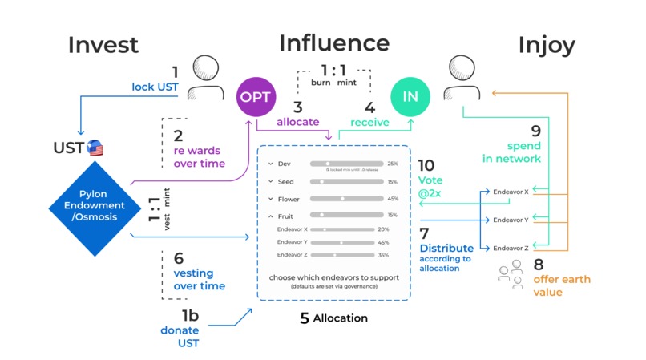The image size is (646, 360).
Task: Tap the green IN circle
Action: point(410,97)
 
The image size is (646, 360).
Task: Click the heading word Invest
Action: point(103,46)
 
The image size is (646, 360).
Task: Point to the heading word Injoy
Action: point(546,46)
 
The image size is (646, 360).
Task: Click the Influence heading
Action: point(333,42)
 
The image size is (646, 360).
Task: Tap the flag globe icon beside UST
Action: point(95,148)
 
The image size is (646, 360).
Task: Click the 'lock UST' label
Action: point(155,87)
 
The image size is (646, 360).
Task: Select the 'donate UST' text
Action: point(180,336)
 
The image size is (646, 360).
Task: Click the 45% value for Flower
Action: point(393,199)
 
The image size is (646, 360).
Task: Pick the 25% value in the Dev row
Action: point(393,164)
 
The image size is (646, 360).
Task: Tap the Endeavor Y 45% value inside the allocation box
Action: point(383,242)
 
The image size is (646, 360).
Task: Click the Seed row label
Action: point(285,182)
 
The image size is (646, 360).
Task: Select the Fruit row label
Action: point(285,216)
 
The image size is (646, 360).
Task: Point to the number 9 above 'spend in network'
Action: point(535,131)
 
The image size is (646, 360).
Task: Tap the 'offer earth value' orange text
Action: point(562,285)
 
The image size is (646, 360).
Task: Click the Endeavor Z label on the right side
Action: point(511,248)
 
